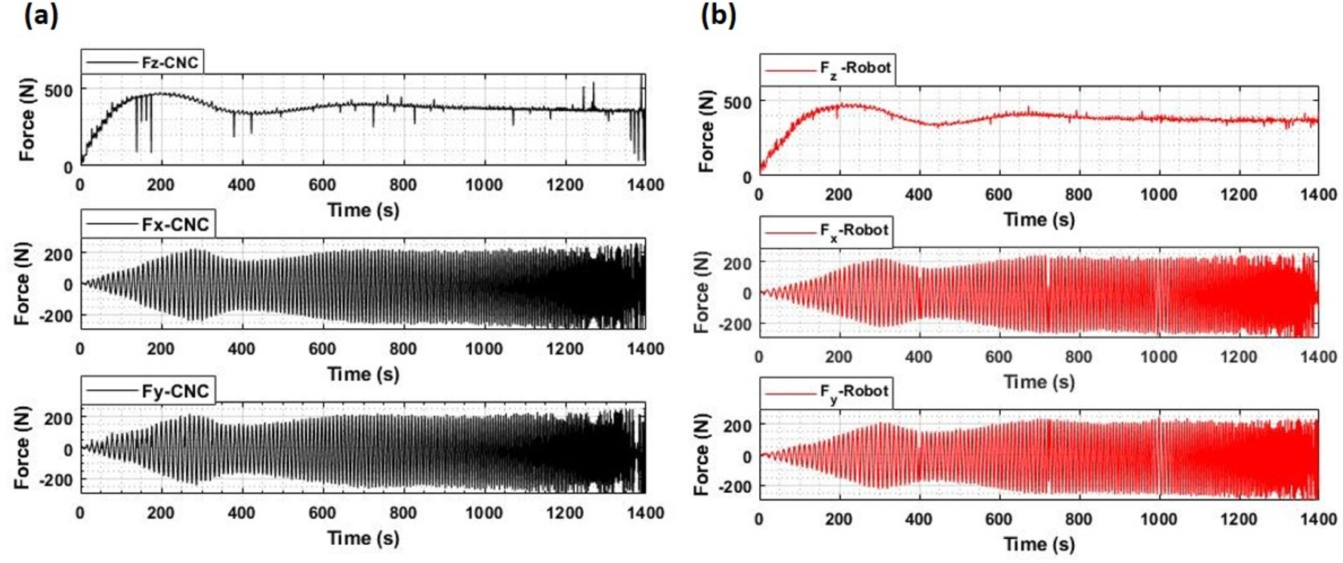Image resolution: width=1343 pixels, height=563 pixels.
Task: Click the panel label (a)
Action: point(41,15)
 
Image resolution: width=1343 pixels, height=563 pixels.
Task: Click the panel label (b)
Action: point(718,15)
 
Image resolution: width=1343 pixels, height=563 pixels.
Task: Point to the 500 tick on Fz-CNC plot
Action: point(59,91)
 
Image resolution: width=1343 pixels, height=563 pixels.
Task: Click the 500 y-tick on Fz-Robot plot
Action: point(737,102)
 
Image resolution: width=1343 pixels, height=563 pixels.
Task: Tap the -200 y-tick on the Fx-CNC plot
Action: point(57,316)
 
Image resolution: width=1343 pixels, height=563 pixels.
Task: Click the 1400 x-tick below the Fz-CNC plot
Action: point(645,185)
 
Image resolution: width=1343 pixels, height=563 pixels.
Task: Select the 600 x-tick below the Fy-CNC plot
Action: point(322,513)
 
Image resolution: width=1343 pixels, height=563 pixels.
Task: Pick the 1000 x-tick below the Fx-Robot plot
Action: point(1158,357)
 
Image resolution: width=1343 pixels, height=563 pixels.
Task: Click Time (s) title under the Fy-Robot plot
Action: point(1039,544)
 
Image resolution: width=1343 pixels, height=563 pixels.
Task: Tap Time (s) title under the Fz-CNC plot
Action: point(363,210)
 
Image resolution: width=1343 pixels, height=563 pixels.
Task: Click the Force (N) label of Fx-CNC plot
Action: point(23,284)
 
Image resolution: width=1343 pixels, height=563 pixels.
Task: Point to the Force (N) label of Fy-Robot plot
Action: point(702,454)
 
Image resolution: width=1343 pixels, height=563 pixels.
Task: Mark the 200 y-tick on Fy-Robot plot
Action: point(737,426)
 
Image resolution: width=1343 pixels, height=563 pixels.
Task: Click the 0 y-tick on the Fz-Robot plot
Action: point(747,177)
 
